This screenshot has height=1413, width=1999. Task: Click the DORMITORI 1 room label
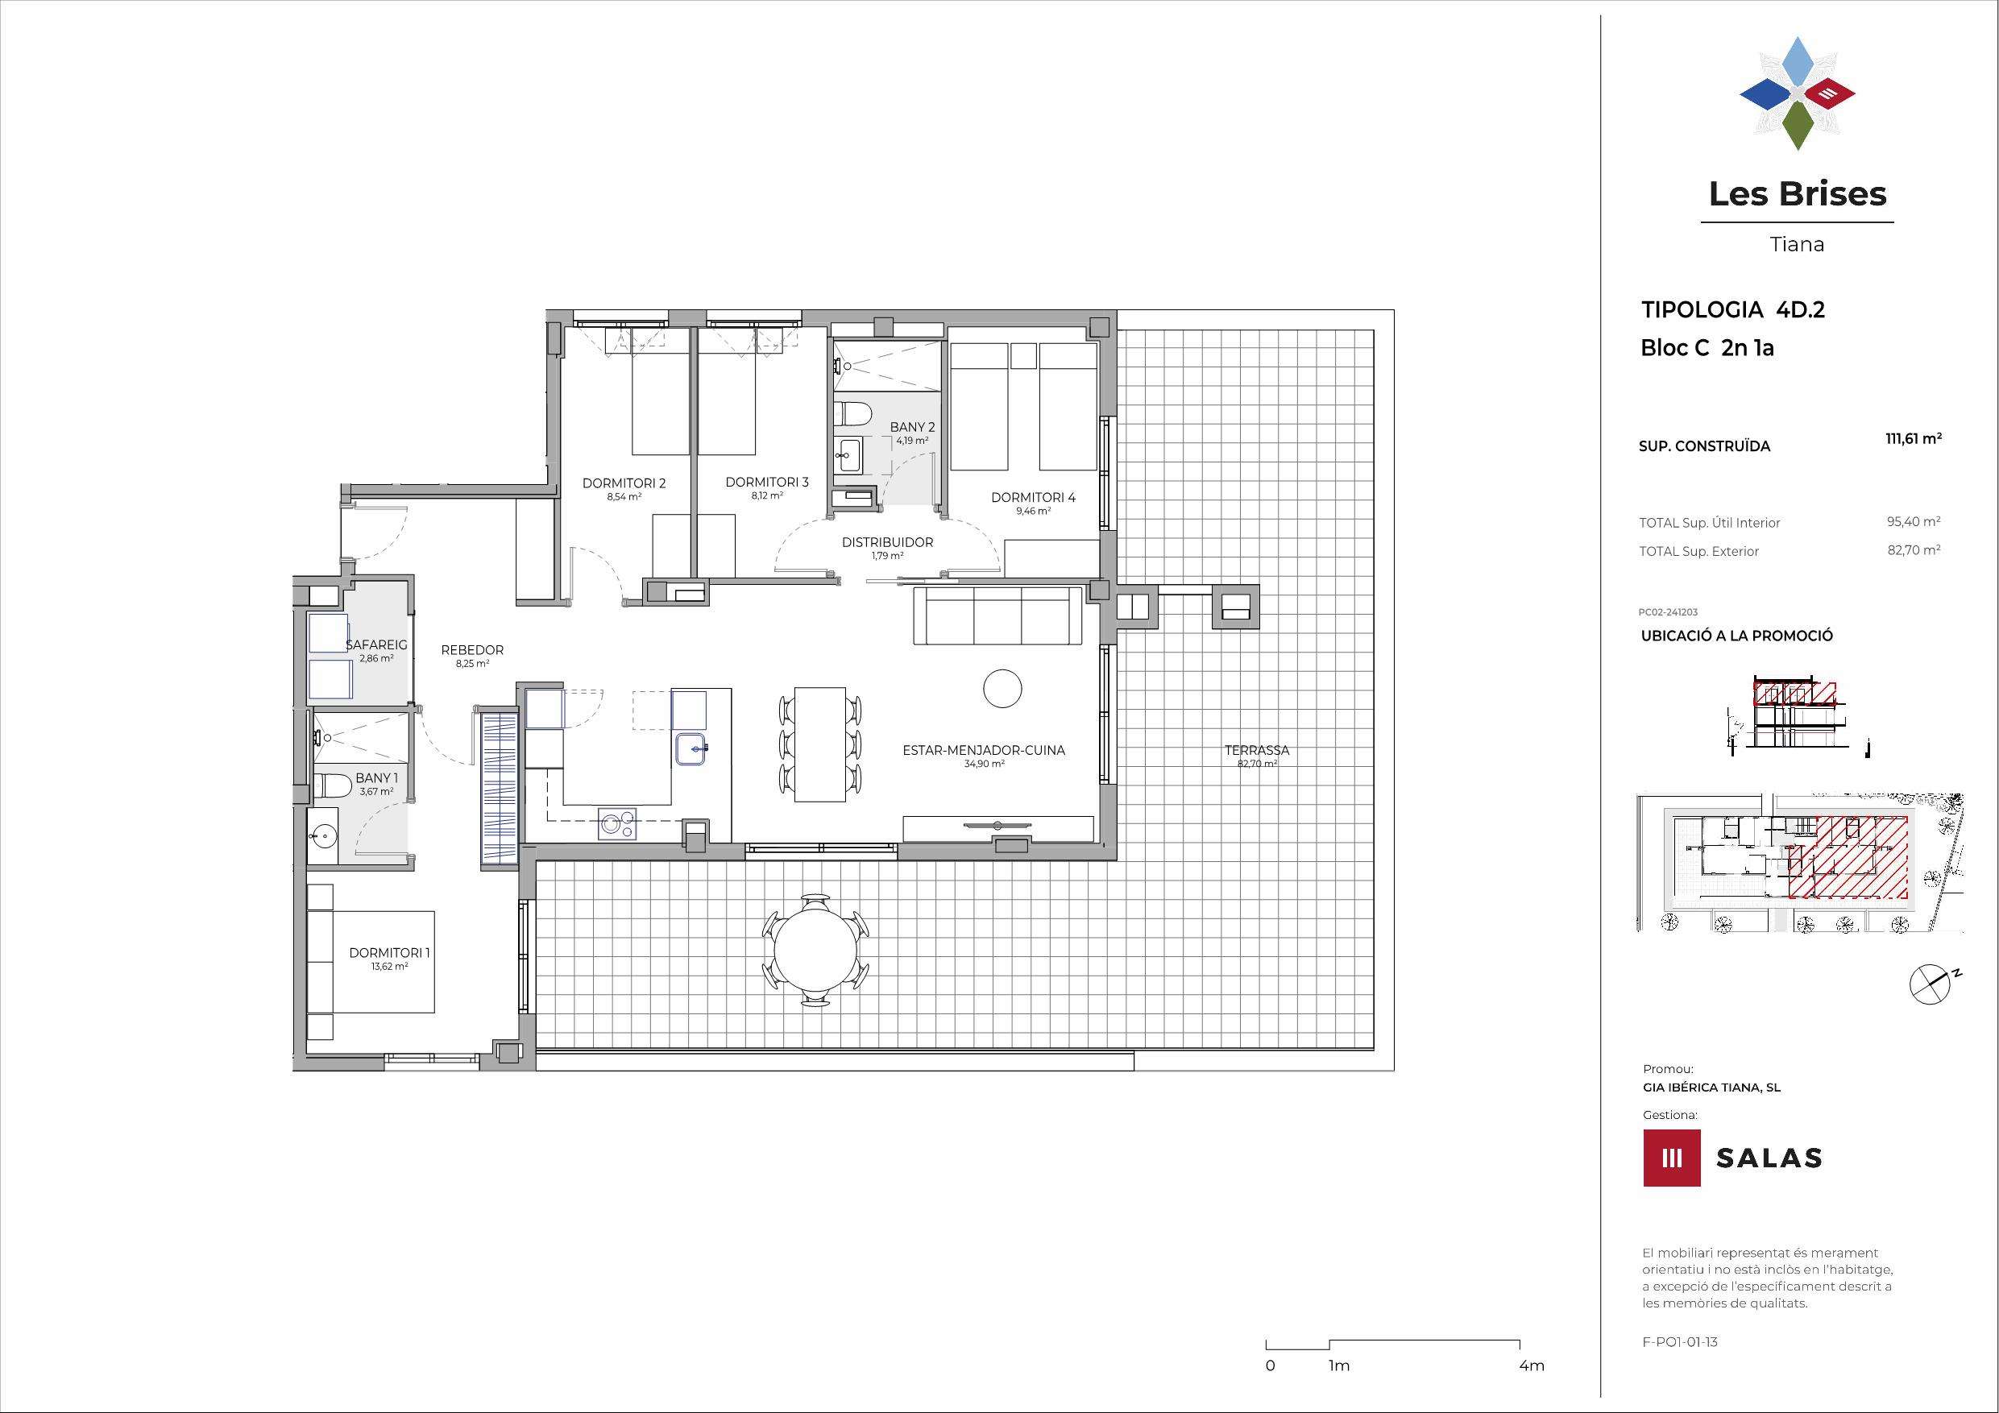(389, 952)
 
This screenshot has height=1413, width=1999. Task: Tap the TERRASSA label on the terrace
(1256, 749)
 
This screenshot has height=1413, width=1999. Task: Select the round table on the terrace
(815, 950)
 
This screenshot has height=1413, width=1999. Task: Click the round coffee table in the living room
(1002, 689)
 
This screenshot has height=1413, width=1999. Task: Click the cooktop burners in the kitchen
(617, 824)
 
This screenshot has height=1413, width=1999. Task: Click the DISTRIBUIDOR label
(887, 542)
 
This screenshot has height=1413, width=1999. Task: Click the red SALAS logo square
(1672, 1158)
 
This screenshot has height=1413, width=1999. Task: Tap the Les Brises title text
(1797, 193)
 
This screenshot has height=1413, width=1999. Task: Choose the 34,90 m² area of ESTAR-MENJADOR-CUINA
(985, 764)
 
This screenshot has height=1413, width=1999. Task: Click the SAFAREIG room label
(376, 645)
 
